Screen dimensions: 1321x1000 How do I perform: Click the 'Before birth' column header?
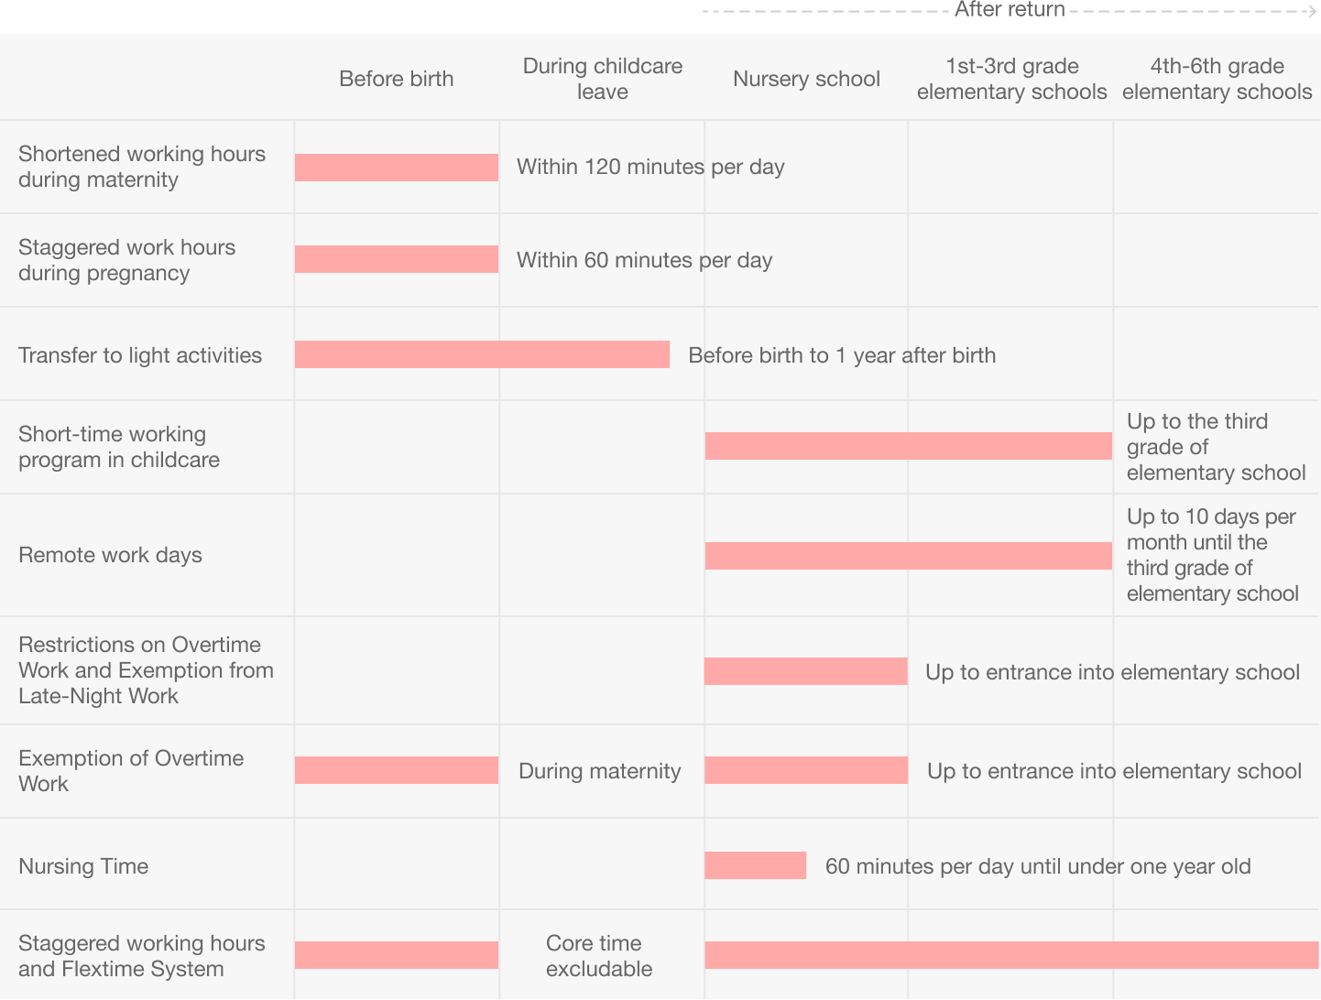point(396,79)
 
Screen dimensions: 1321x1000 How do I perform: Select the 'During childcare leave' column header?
point(603,79)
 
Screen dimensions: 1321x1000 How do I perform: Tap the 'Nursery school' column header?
point(806,79)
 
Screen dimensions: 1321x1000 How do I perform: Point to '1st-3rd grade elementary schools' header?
point(1011,79)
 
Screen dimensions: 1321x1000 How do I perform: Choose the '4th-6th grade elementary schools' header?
point(1217,79)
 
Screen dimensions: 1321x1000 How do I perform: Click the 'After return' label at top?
point(1010,10)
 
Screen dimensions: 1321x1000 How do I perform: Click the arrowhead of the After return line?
point(1313,11)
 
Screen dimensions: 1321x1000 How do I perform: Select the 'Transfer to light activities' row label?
point(140,355)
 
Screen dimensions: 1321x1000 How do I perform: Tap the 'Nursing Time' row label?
point(83,866)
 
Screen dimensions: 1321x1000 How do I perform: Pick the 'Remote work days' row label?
point(110,555)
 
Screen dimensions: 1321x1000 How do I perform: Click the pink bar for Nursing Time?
point(755,865)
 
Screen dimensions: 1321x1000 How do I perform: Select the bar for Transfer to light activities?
point(482,354)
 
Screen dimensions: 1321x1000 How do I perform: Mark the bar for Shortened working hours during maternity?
point(397,168)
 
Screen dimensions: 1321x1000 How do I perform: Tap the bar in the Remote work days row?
point(908,556)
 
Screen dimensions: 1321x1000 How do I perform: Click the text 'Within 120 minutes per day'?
point(650,167)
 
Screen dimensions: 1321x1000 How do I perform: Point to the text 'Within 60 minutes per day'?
point(645,260)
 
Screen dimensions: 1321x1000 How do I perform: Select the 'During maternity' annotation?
point(599,771)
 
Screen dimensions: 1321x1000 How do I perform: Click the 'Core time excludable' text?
point(599,955)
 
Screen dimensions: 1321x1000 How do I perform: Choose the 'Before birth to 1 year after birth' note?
point(842,355)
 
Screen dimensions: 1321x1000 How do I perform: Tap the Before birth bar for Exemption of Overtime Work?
point(397,770)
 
